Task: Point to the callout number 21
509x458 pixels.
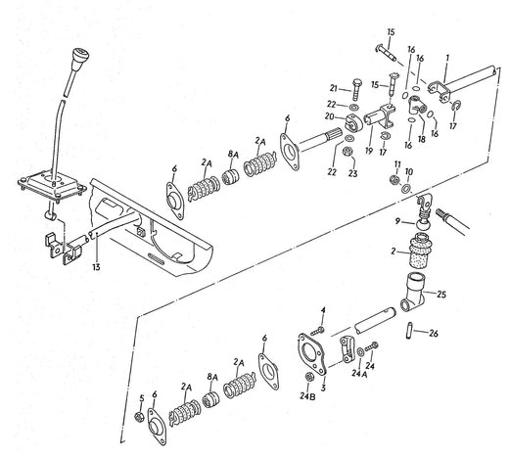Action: coord(333,86)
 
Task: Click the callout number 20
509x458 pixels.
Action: coord(334,118)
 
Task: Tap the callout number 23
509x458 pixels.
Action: coord(354,173)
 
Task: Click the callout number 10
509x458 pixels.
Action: coord(409,171)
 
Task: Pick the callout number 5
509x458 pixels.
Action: coord(141,398)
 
